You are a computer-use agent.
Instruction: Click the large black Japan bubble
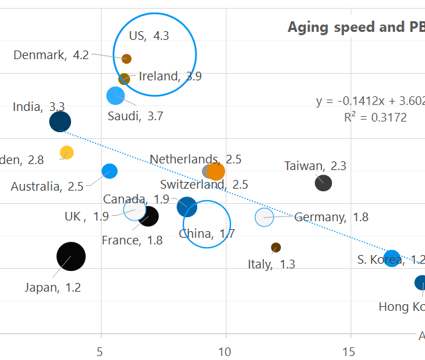71,256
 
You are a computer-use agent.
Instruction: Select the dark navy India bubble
60,122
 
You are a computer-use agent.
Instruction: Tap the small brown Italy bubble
276,248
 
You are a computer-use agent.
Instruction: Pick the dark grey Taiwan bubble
323,183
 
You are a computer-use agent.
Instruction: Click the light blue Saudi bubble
116,96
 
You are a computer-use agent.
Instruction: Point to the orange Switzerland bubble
216,171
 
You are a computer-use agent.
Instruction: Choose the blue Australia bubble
110,171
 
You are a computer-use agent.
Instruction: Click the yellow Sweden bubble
66,153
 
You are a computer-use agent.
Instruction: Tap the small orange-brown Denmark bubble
127,59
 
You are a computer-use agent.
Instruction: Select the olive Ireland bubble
124,79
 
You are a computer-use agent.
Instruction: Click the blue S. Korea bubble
392,258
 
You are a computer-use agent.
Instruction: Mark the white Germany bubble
264,217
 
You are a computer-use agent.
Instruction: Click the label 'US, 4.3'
149,36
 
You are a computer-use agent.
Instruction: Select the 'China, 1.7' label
207,233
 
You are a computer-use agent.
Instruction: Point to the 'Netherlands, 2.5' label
195,159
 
